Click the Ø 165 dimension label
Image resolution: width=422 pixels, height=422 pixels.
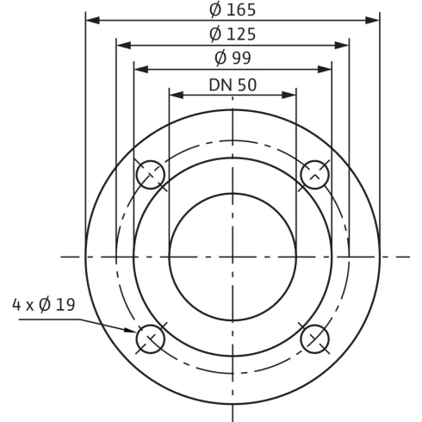(x=233, y=10)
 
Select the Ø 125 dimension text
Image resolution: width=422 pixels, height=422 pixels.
(x=233, y=34)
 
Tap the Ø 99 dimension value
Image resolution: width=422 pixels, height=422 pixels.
(x=233, y=59)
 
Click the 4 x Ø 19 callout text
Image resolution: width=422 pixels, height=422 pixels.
(x=43, y=305)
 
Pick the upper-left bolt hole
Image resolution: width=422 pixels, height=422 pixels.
(x=151, y=175)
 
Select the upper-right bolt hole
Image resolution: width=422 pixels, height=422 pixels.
(x=314, y=175)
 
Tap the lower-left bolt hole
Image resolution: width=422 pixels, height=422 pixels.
(x=151, y=338)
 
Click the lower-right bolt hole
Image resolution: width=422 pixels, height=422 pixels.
(x=314, y=338)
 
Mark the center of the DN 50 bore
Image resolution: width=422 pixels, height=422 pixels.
(x=233, y=256)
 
